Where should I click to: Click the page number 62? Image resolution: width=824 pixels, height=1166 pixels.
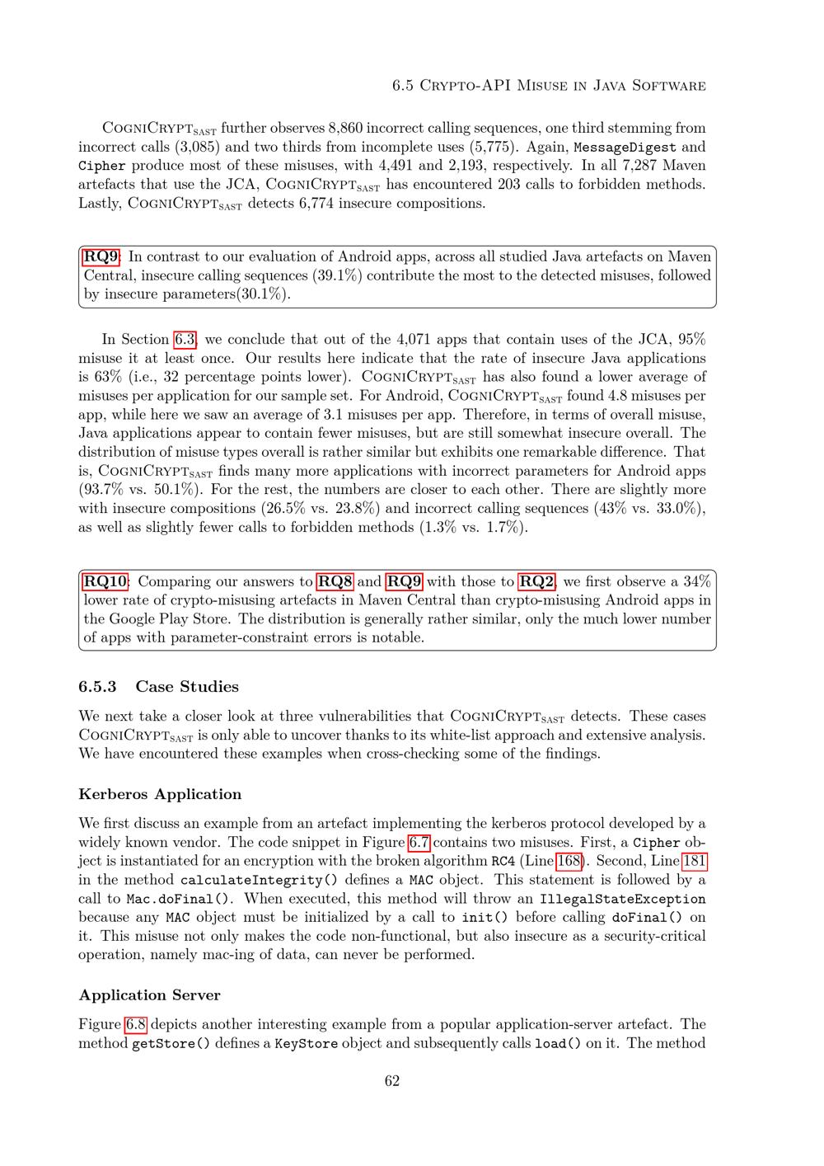click(x=392, y=1081)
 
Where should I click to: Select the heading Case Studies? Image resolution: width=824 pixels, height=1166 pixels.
click(x=187, y=686)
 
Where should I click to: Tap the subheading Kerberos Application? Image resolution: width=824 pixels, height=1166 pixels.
click(x=160, y=794)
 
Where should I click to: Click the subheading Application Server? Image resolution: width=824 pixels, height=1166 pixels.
click(x=149, y=995)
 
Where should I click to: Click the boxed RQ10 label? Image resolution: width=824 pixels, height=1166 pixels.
click(x=105, y=581)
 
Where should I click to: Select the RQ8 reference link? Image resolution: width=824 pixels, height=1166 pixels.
click(x=335, y=581)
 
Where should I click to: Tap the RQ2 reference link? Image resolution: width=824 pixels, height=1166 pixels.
click(x=537, y=581)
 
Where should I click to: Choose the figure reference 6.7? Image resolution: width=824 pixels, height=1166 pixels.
click(x=419, y=842)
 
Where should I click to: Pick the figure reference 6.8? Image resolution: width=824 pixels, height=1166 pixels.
click(x=136, y=1024)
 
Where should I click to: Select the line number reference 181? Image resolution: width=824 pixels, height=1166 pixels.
click(x=694, y=861)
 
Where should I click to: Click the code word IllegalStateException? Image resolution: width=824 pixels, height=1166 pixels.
click(x=622, y=899)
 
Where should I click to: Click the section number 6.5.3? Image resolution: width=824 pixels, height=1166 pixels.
click(x=98, y=686)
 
